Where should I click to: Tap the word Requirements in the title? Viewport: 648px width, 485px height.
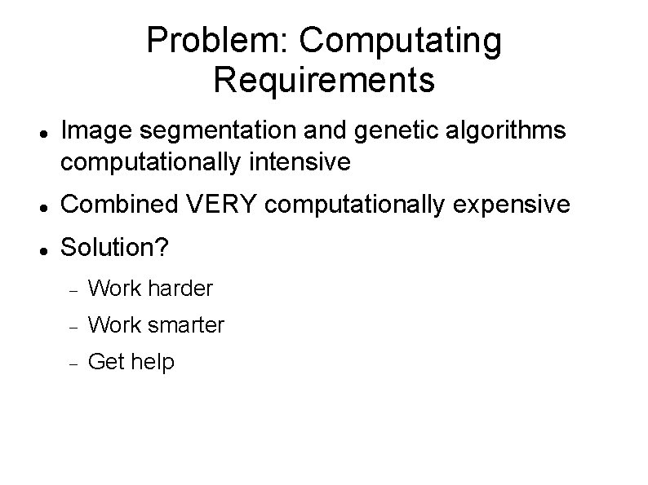click(324, 81)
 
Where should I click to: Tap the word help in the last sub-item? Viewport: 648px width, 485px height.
click(155, 362)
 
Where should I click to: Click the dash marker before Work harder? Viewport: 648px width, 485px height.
click(71, 289)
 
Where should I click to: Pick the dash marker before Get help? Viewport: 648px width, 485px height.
click(71, 363)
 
